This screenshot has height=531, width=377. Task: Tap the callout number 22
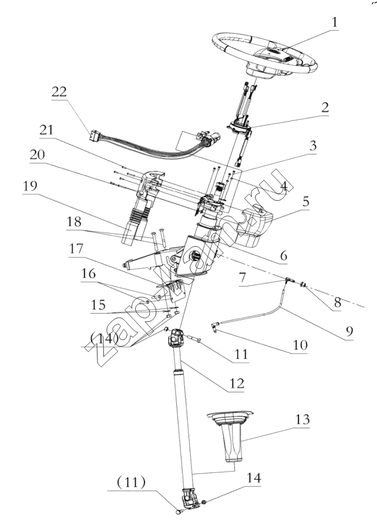tap(59, 92)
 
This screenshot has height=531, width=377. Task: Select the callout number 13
tap(301, 421)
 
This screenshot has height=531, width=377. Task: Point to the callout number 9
tap(349, 331)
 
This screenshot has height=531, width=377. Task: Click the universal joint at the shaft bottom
tap(188, 500)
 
